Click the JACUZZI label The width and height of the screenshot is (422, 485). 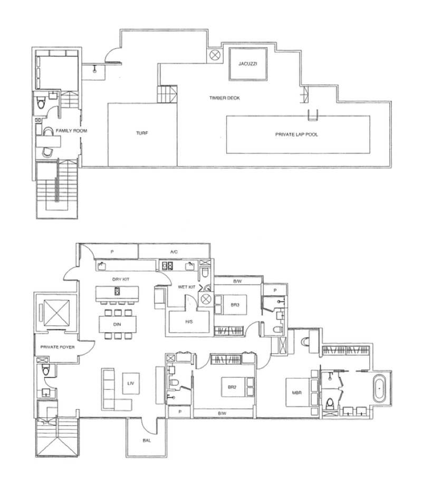pyautogui.click(x=248, y=64)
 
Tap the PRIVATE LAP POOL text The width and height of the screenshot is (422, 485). pyautogui.click(x=296, y=134)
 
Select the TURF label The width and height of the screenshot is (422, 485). pyautogui.click(x=142, y=133)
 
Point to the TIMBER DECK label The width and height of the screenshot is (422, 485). pyautogui.click(x=225, y=98)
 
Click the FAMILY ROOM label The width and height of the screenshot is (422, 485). pyautogui.click(x=72, y=131)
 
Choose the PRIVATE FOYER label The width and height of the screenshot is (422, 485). pyautogui.click(x=57, y=347)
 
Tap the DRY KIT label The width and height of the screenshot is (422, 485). pyautogui.click(x=121, y=279)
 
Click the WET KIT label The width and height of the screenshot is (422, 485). pyautogui.click(x=187, y=287)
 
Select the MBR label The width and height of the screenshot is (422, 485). pyautogui.click(x=296, y=393)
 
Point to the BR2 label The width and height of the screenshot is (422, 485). pyautogui.click(x=232, y=387)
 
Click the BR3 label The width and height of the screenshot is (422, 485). pyautogui.click(x=235, y=305)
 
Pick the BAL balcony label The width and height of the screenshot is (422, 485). pyautogui.click(x=147, y=441)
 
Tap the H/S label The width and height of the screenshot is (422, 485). pyautogui.click(x=189, y=322)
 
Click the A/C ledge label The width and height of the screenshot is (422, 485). pyautogui.click(x=174, y=252)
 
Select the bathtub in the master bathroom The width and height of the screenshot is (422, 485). pyautogui.click(x=379, y=389)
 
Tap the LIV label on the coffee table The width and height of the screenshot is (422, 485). pyautogui.click(x=131, y=384)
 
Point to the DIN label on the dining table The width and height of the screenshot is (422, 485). pyautogui.click(x=117, y=324)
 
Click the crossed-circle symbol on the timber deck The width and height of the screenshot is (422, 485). pyautogui.click(x=214, y=55)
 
